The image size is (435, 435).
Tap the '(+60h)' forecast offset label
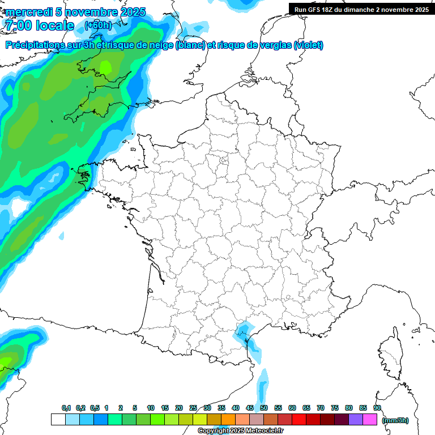(x=97, y=25)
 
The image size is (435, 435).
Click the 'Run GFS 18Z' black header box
(x=361, y=9)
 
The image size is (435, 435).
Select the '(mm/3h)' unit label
(x=395, y=420)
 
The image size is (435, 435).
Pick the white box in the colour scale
(x=58, y=420)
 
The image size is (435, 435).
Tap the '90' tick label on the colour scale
(x=377, y=408)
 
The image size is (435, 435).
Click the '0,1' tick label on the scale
(x=66, y=408)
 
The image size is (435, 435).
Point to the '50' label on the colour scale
(x=264, y=408)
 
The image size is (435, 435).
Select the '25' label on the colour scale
(x=193, y=408)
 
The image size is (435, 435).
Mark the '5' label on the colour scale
(x=135, y=408)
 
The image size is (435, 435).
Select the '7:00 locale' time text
(x=39, y=26)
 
